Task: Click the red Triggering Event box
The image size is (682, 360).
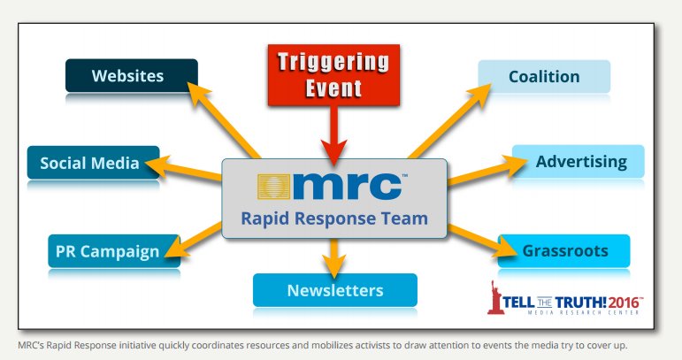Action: [334, 74]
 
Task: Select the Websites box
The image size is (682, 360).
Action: [131, 76]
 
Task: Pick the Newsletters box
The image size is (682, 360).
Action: [333, 290]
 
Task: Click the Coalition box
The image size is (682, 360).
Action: [543, 76]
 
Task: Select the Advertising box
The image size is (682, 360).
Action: [579, 162]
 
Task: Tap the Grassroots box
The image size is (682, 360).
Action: [564, 251]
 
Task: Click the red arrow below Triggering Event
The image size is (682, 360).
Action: [334, 133]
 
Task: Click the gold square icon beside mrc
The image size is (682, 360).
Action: [277, 187]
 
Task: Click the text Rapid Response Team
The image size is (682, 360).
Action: [333, 218]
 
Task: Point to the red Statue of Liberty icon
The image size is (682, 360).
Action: [494, 298]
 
